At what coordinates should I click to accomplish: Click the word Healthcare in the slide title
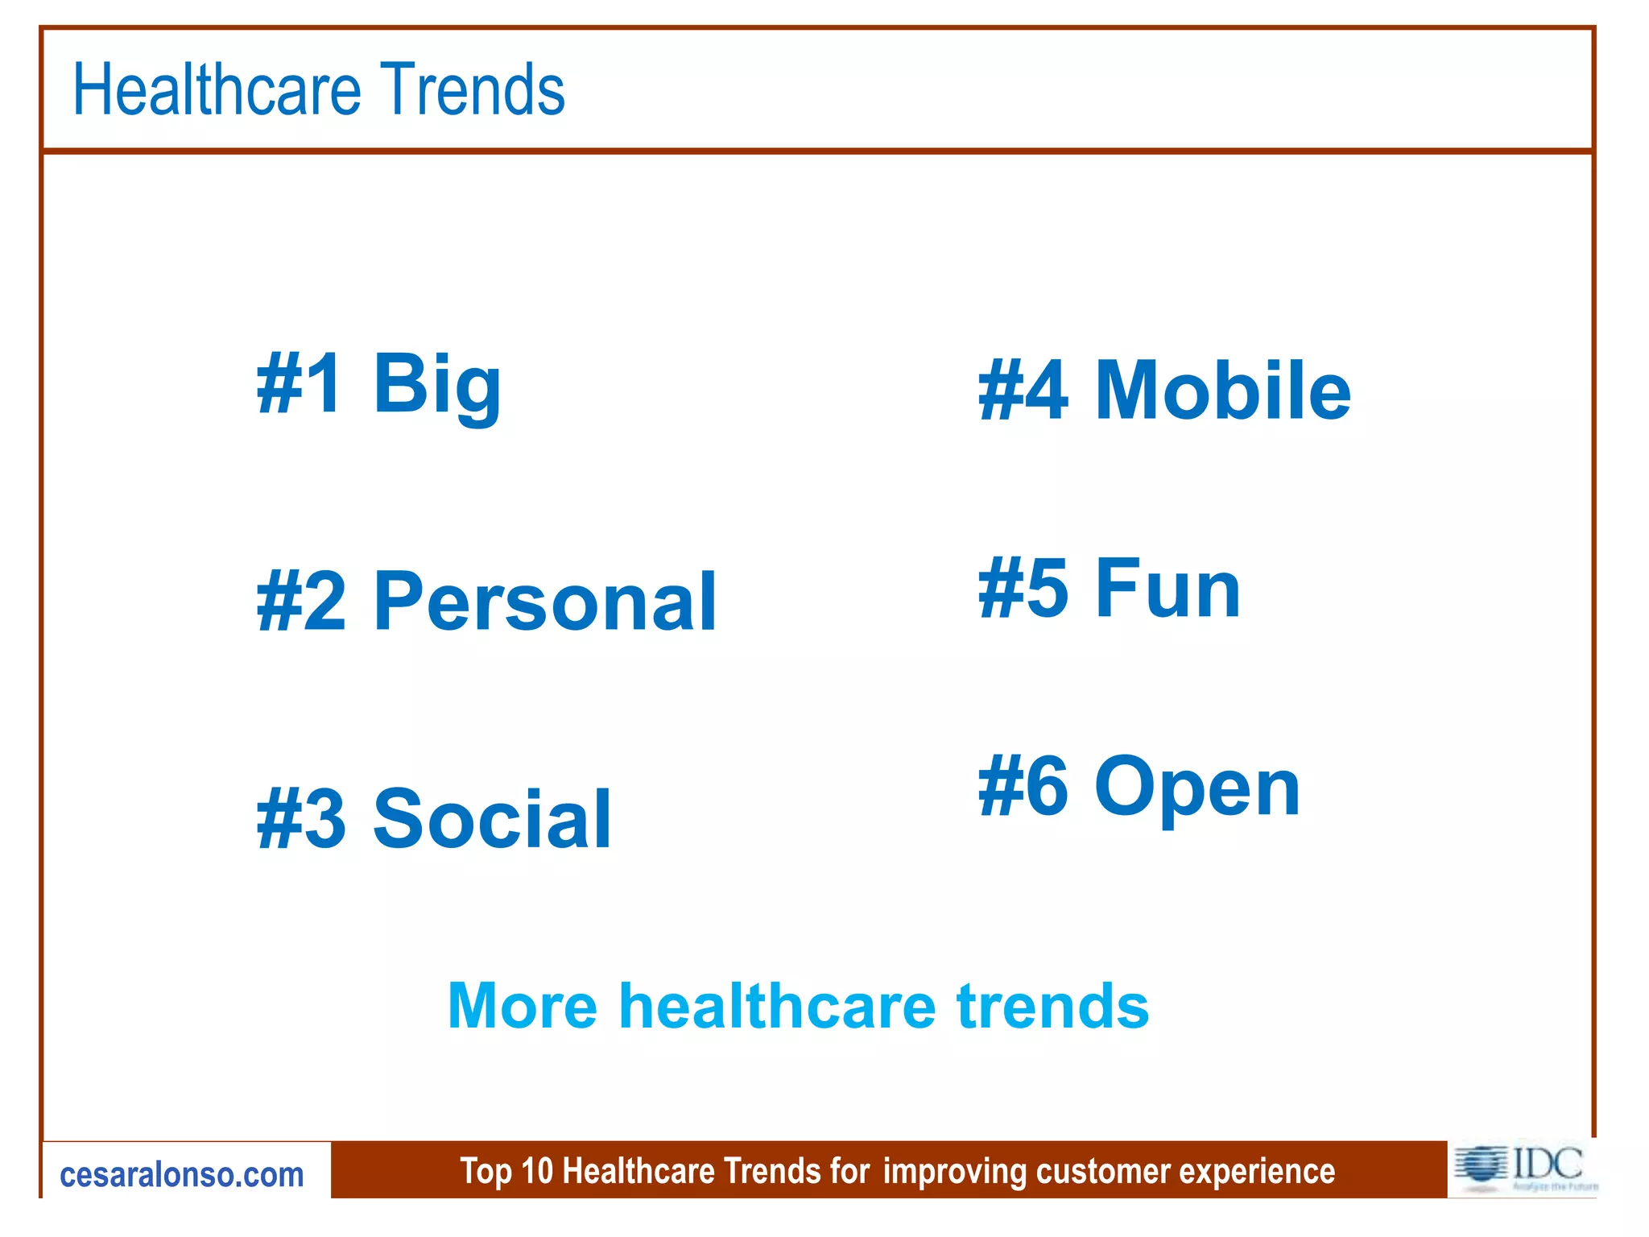pos(216,89)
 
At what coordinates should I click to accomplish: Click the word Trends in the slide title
pos(473,89)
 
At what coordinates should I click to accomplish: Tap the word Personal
pos(545,602)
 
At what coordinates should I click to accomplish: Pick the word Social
pos(493,819)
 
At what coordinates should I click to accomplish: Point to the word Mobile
pos(1222,391)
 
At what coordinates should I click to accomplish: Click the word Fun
pos(1168,589)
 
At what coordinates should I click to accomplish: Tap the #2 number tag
pos(301,602)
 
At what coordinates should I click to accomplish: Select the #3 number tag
pos(301,819)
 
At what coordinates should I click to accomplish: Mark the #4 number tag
pos(1023,391)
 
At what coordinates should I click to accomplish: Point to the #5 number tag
pos(1023,589)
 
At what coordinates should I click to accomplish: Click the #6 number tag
pos(1023,786)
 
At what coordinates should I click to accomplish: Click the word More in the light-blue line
pos(522,1006)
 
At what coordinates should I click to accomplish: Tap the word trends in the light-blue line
pos(1052,1006)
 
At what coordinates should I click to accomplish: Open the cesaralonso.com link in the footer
pos(182,1175)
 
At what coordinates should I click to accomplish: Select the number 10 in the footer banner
pos(537,1171)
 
